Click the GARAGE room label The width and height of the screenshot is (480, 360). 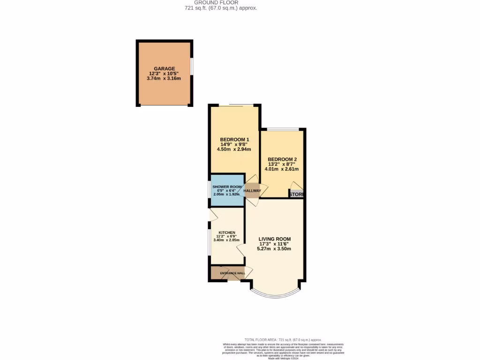pyautogui.click(x=165, y=68)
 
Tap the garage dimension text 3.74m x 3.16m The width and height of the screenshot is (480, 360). pyautogui.click(x=165, y=79)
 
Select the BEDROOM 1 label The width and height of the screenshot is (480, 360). pyautogui.click(x=234, y=140)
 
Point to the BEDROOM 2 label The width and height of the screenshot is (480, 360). pyautogui.click(x=282, y=159)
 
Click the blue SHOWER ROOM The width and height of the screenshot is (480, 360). pyautogui.click(x=227, y=190)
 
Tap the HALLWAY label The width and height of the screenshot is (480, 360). pyautogui.click(x=252, y=191)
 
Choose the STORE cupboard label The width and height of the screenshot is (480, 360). pyautogui.click(x=296, y=194)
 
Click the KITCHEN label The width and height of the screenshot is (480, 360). pyautogui.click(x=227, y=232)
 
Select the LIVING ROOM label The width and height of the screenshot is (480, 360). pyautogui.click(x=275, y=239)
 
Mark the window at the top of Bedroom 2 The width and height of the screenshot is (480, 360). pyautogui.click(x=283, y=129)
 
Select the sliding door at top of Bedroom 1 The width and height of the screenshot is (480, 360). pyautogui.click(x=234, y=105)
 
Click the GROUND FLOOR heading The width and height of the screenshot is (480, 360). pyautogui.click(x=216, y=2)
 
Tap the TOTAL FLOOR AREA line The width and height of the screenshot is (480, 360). pyautogui.click(x=283, y=339)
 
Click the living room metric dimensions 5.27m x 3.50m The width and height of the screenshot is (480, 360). pyautogui.click(x=274, y=249)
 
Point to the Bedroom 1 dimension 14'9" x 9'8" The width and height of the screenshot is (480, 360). pyautogui.click(x=234, y=145)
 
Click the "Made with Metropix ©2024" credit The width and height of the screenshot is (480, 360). pyautogui.click(x=283, y=358)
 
